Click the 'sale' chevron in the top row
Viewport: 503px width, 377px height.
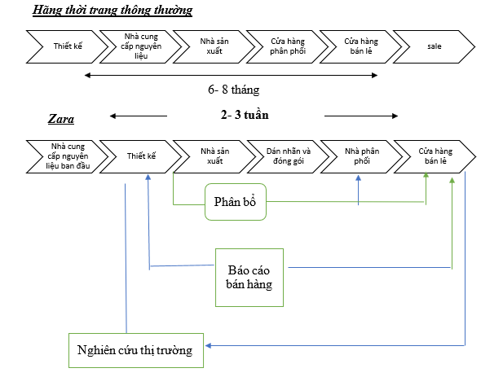pyautogui.click(x=434, y=46)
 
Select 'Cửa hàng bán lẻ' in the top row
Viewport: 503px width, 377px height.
pyautogui.click(x=360, y=46)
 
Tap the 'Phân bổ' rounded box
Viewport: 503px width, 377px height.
pyautogui.click(x=236, y=201)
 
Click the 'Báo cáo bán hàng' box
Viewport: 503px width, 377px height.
pyautogui.click(x=249, y=277)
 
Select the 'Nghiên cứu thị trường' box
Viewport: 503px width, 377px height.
pyautogui.click(x=135, y=350)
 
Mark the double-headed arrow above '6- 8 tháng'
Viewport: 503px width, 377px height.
pyautogui.click(x=232, y=75)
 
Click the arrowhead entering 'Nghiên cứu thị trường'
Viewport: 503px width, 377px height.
pyautogui.click(x=210, y=345)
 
